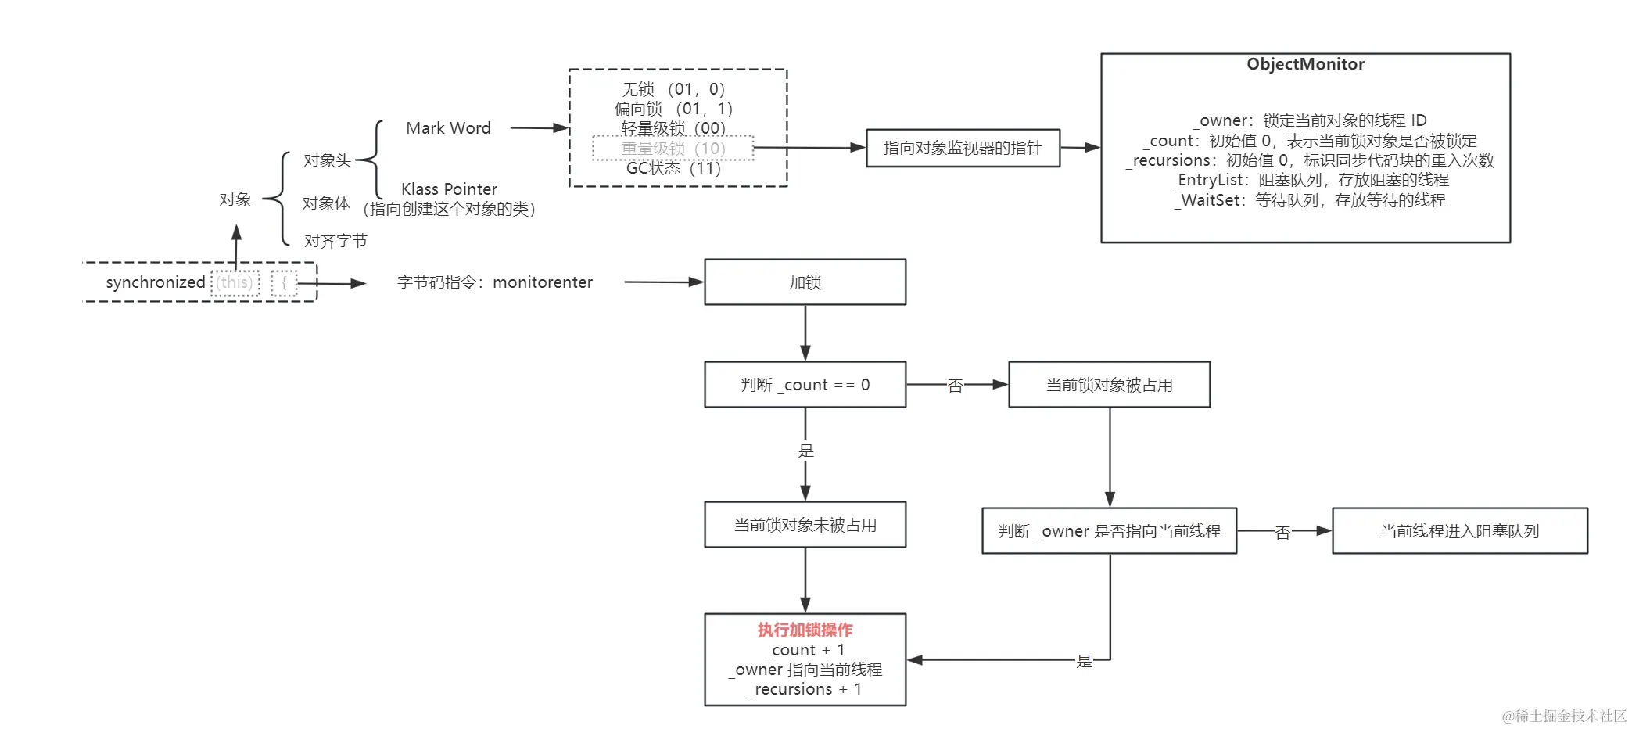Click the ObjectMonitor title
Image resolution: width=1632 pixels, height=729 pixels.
click(1304, 64)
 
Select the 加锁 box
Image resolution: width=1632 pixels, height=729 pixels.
click(805, 282)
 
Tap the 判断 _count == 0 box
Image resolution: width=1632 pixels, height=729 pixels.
click(805, 385)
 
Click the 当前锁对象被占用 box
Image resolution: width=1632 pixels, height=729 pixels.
click(1109, 385)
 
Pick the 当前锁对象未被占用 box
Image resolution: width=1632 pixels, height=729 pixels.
click(805, 525)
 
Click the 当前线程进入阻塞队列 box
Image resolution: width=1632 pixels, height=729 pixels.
click(1459, 531)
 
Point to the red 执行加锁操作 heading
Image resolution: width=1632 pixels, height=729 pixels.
click(805, 630)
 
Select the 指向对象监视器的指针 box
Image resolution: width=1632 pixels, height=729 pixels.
click(963, 148)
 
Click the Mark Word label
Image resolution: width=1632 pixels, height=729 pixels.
click(448, 128)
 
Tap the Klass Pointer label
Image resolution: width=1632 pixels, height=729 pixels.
click(449, 189)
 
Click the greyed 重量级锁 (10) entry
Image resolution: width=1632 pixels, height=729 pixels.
click(673, 148)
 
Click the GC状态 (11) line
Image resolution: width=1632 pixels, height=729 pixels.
click(673, 168)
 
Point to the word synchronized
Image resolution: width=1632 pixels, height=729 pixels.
click(156, 282)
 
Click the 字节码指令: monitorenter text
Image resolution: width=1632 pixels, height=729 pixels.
click(494, 282)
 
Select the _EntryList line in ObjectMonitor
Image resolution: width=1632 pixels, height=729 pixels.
click(1309, 180)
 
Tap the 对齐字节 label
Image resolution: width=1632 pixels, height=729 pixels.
click(335, 241)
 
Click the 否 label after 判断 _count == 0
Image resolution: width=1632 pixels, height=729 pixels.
click(955, 386)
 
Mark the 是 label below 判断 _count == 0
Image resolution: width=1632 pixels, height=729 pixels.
click(805, 451)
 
